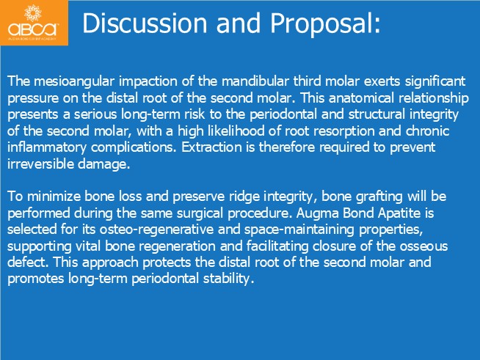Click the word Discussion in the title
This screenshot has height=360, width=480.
tap(145, 23)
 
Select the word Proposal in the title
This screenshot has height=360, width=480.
tap(321, 24)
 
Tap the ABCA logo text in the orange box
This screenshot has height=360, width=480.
tap(33, 29)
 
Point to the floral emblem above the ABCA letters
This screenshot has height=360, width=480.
tap(33, 13)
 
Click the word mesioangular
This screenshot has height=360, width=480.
tap(74, 81)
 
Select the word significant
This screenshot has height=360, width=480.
tap(435, 81)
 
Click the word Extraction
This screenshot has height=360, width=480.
tap(211, 147)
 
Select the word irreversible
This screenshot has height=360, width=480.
tap(40, 164)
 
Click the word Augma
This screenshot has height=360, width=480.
tap(317, 213)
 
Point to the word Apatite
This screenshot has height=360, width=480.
tap(399, 213)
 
